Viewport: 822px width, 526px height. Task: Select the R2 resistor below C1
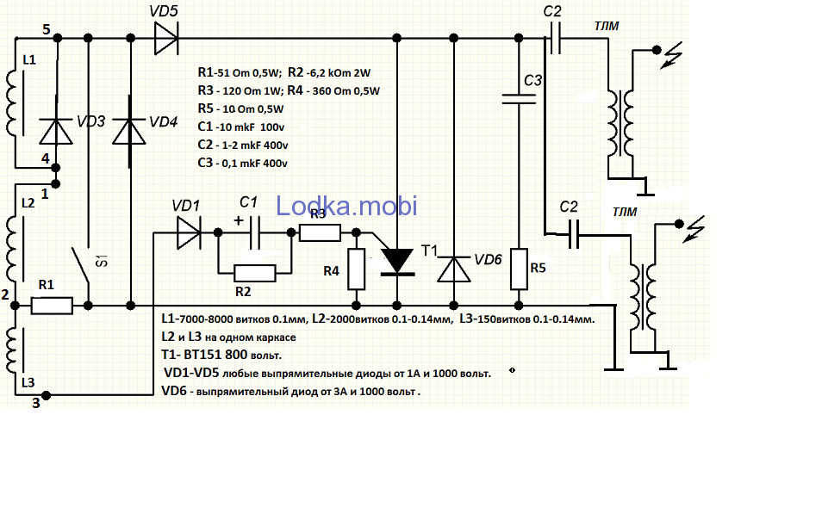click(x=255, y=273)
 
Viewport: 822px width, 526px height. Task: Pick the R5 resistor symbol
click(x=518, y=269)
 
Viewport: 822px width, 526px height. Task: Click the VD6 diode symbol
click(x=453, y=269)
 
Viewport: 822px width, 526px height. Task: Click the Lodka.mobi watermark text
click(x=346, y=205)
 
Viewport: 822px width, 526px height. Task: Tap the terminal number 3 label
click(x=35, y=401)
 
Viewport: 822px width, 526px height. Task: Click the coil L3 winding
click(x=14, y=356)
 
